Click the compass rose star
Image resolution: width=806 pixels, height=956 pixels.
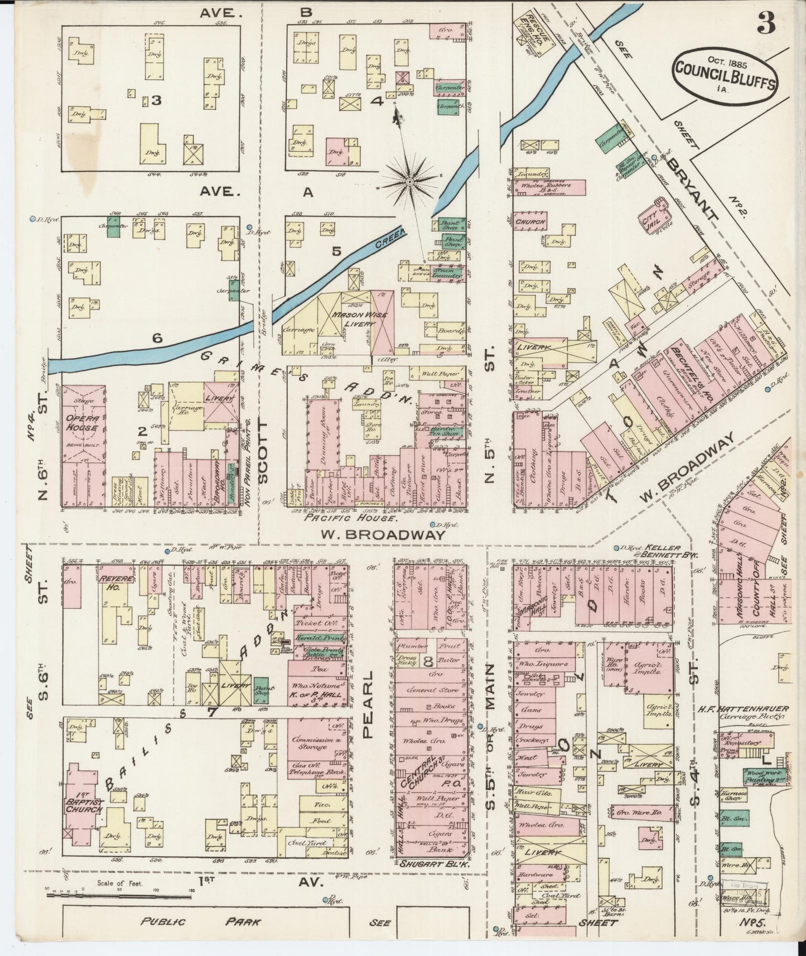[410, 181]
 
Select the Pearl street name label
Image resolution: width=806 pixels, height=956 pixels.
[368, 705]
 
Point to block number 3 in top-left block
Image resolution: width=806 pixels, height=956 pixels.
[157, 100]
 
